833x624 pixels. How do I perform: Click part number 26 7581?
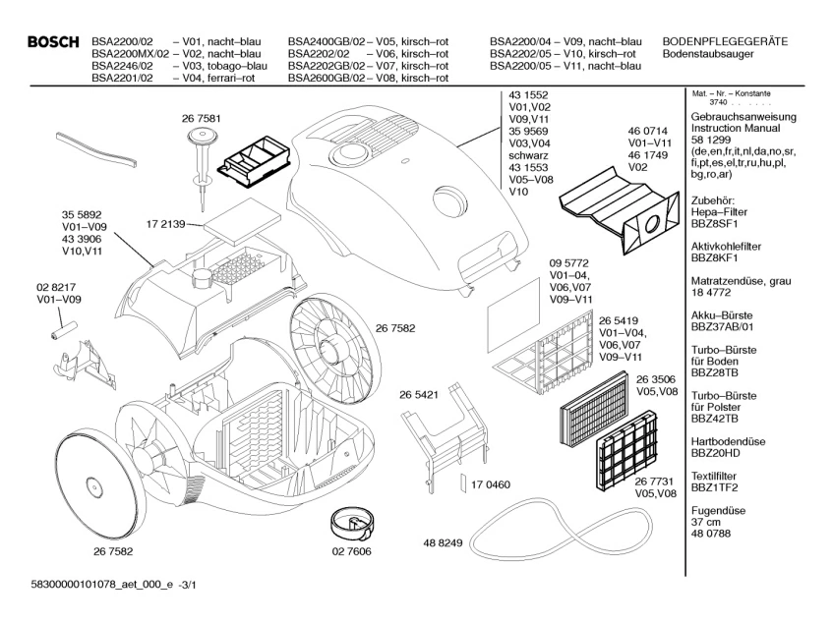coord(201,119)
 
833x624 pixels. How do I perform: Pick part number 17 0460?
coord(491,484)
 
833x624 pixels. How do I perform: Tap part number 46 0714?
coord(648,130)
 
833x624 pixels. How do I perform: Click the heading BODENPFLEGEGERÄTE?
coord(726,41)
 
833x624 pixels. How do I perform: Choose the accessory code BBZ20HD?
coord(718,454)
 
